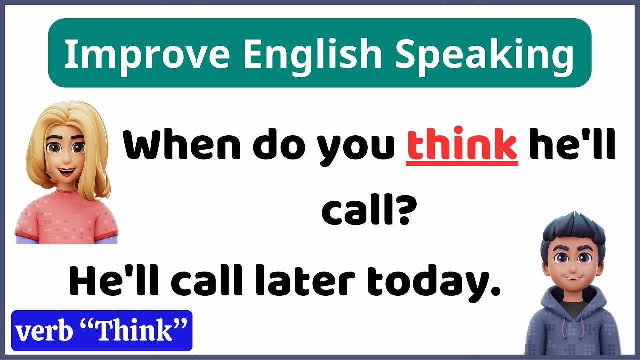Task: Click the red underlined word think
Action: click(462, 145)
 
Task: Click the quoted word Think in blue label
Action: click(132, 331)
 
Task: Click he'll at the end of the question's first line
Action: click(571, 145)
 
